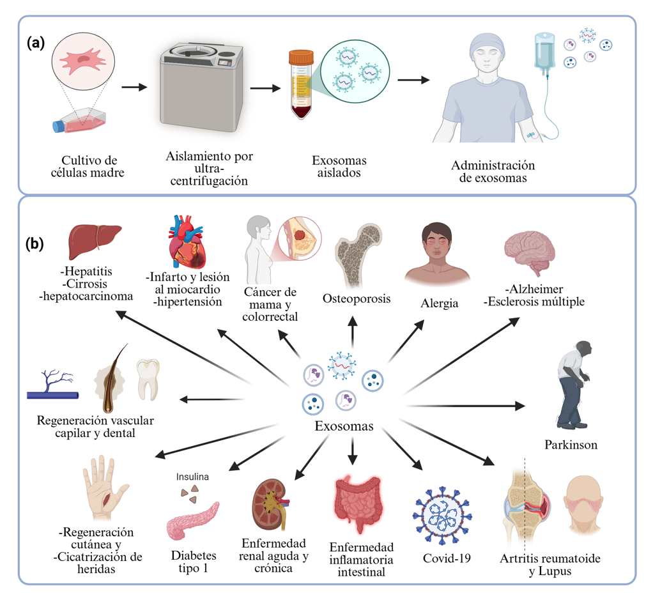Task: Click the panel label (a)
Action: (x=36, y=43)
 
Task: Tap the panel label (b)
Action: (x=35, y=245)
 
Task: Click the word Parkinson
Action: (x=571, y=445)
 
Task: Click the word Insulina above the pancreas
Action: (x=193, y=476)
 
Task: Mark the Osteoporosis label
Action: (x=357, y=298)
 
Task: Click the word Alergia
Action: (x=439, y=304)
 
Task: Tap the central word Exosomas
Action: (x=344, y=426)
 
